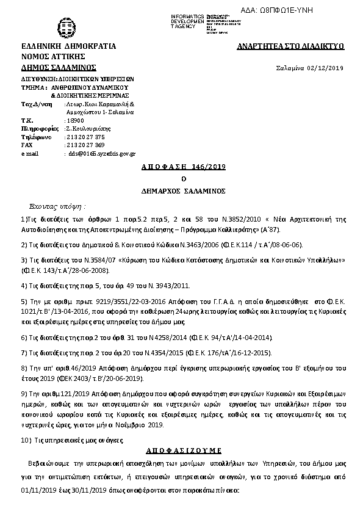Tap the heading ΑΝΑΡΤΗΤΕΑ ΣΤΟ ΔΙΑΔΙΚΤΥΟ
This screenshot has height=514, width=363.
(291, 46)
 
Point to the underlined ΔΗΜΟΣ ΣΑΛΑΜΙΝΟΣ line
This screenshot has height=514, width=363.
(59, 67)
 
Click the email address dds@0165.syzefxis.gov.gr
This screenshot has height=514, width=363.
(101, 154)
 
